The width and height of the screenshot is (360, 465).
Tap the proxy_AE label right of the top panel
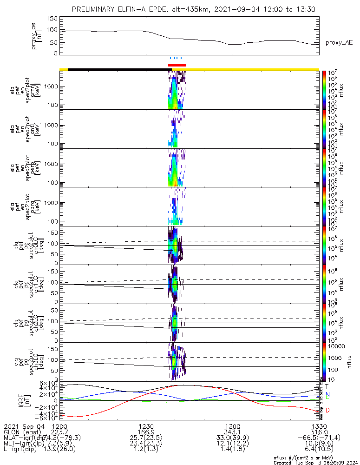coord(339,43)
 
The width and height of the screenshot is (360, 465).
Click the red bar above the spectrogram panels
coord(177,65)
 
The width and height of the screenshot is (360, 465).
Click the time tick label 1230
coord(146,426)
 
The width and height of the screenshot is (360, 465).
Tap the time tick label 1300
coord(232,426)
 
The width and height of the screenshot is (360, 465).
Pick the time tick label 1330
coord(319,426)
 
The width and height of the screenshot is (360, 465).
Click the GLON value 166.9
coord(146,432)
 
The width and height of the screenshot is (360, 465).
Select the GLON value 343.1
coord(232,432)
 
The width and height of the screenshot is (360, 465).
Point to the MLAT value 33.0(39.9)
coord(232,438)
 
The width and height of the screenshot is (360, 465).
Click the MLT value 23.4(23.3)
coord(146,444)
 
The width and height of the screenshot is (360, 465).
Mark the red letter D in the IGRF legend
coord(327,410)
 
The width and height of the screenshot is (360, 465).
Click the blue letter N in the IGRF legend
coord(327,394)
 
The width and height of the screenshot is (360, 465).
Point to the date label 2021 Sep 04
coord(23,426)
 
